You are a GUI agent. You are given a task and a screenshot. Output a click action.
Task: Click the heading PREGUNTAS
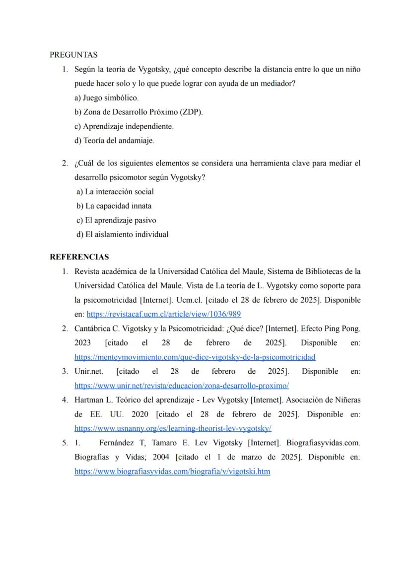73,55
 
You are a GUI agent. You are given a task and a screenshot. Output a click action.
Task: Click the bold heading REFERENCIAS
79,257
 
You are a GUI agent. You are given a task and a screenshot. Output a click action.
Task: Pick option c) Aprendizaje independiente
124,127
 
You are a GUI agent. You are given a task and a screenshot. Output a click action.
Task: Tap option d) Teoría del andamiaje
114,141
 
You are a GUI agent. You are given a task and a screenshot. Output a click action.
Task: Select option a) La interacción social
115,192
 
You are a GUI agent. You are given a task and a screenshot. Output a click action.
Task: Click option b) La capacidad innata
114,206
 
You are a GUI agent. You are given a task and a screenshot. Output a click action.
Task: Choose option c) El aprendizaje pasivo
117,220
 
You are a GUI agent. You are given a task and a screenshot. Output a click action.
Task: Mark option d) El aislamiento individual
123,235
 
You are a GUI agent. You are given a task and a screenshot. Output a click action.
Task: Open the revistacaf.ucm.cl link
164,315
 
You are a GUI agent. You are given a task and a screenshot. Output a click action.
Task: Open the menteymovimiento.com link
195,357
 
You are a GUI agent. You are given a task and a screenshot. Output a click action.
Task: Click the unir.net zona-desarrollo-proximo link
181,386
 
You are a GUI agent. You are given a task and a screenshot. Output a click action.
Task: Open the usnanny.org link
173,428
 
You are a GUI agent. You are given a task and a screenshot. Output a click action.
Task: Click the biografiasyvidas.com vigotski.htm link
172,472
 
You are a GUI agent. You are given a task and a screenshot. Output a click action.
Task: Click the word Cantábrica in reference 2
92,329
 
